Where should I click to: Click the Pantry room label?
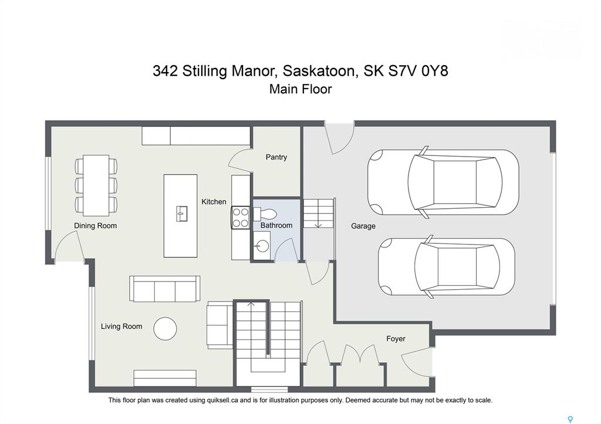click(276, 157)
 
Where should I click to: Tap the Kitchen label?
click(214, 202)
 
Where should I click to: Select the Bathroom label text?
click(276, 225)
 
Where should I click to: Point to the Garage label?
click(363, 226)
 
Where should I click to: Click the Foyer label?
click(396, 338)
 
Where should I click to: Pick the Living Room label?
click(121, 326)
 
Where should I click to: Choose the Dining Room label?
click(95, 226)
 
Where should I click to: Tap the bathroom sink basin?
click(262, 246)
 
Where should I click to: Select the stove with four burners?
click(240, 217)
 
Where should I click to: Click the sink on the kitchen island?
click(182, 213)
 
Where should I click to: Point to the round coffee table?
click(165, 328)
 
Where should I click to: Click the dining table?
click(96, 185)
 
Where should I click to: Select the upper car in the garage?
click(443, 182)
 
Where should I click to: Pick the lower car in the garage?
click(447, 267)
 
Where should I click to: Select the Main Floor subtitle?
click(300, 89)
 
